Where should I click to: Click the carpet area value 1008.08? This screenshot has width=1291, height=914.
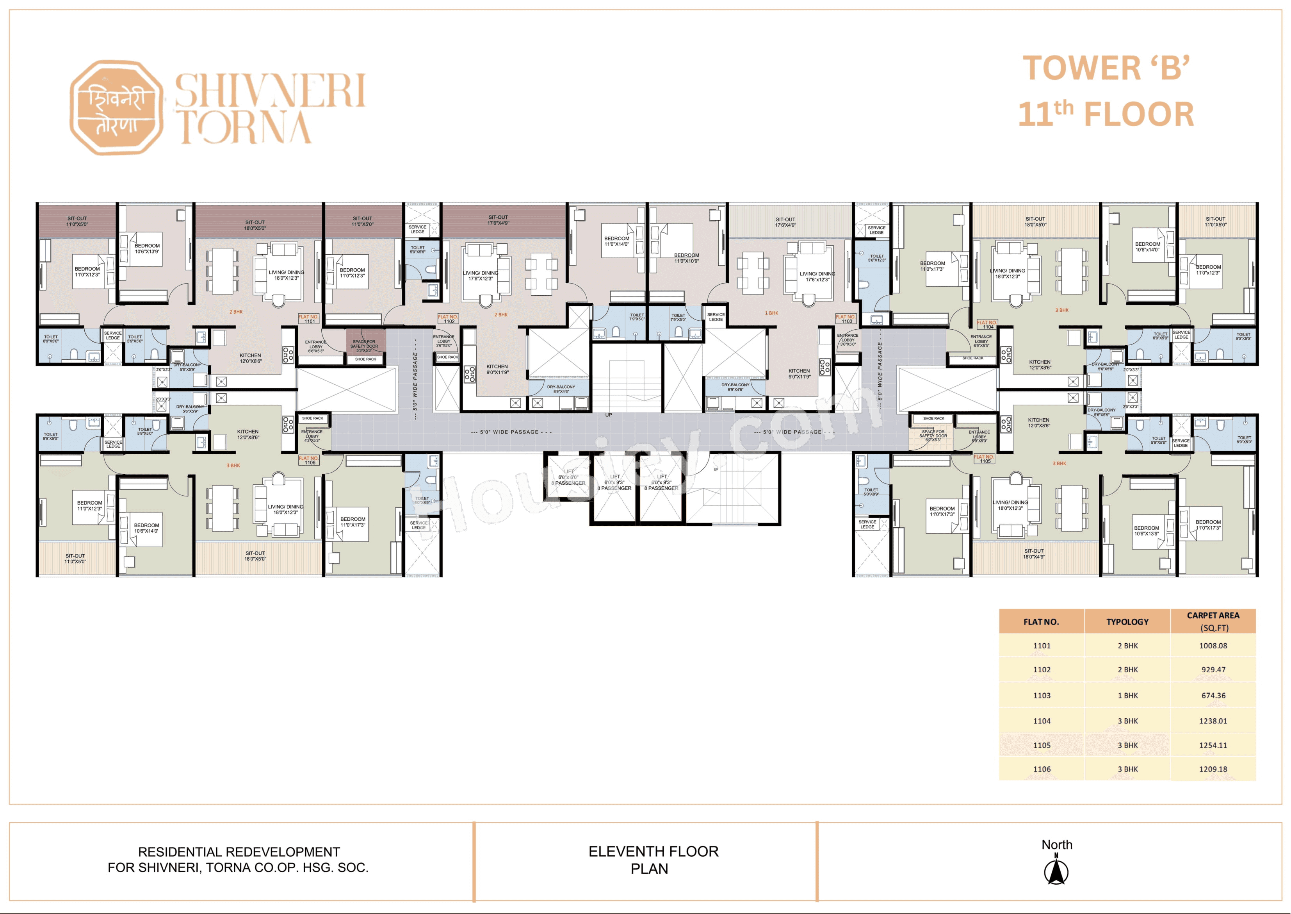pyautogui.click(x=1213, y=646)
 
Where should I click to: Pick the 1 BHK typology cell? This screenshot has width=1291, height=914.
pyautogui.click(x=1127, y=696)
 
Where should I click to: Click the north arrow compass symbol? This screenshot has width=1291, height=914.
pyautogui.click(x=1056, y=870)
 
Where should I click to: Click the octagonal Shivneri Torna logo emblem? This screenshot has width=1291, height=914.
pyautogui.click(x=116, y=107)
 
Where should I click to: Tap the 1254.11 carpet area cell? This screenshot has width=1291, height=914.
pyautogui.click(x=1213, y=745)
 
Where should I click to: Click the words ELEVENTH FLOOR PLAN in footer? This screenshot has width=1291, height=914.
pyautogui.click(x=653, y=860)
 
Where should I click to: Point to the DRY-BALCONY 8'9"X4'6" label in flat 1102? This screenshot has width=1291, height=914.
pyautogui.click(x=561, y=389)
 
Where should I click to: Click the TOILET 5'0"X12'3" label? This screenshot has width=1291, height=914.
pyautogui.click(x=876, y=258)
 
